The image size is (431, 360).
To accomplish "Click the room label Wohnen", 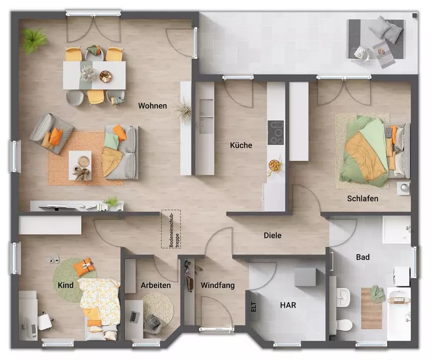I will [152, 106].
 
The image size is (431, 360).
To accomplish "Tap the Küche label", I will [241, 146].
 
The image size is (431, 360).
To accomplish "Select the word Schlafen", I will [362, 199].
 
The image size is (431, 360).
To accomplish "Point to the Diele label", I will [272, 235].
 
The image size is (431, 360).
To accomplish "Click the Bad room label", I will [362, 257].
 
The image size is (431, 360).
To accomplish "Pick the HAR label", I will [288, 305].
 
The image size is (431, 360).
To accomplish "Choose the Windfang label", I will [217, 285].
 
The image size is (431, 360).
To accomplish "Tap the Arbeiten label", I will [155, 285].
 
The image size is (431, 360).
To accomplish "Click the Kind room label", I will [65, 285].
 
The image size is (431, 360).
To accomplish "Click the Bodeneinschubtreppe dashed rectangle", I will [170, 229].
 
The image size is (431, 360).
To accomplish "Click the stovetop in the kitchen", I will [276, 133].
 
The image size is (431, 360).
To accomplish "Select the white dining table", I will [95, 75].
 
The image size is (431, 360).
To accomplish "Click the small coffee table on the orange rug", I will [80, 162].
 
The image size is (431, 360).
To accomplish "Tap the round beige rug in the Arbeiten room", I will [158, 308].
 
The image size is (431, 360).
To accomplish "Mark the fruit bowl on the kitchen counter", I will [274, 165].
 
